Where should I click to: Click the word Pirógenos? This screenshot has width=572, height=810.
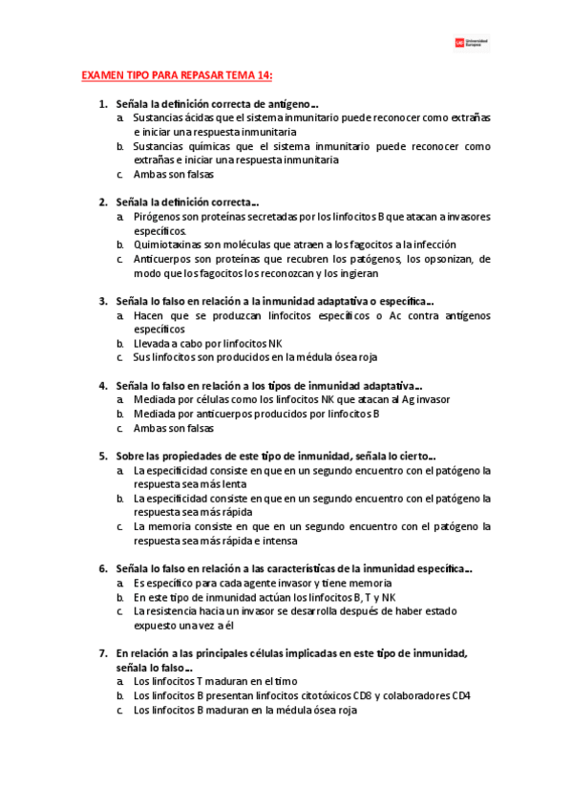[x=156, y=217]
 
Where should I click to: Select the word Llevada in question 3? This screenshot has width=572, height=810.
[x=151, y=343]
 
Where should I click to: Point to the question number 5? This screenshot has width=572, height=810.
[x=103, y=456]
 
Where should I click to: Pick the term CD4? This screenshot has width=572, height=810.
[x=459, y=695]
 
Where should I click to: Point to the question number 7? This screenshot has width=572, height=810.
[x=103, y=652]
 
